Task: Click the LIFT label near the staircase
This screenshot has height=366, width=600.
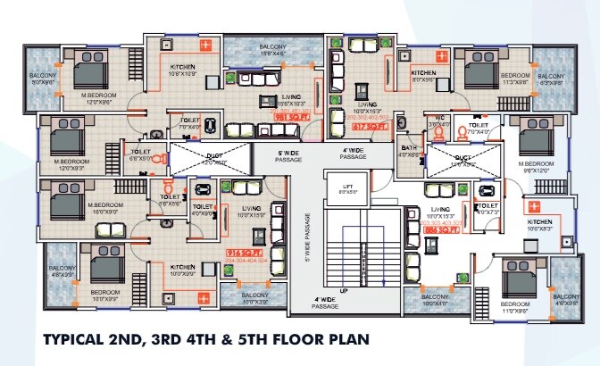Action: [349, 188]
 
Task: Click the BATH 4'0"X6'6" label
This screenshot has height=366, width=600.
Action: [409, 151]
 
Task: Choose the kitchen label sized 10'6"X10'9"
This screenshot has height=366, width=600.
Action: [182, 72]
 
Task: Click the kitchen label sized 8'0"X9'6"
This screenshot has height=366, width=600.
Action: [422, 75]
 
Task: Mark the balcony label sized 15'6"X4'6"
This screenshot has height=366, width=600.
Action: [273, 50]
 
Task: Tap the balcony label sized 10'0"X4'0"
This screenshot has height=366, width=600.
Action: [435, 300]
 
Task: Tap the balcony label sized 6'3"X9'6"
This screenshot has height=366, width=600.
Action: [551, 79]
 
